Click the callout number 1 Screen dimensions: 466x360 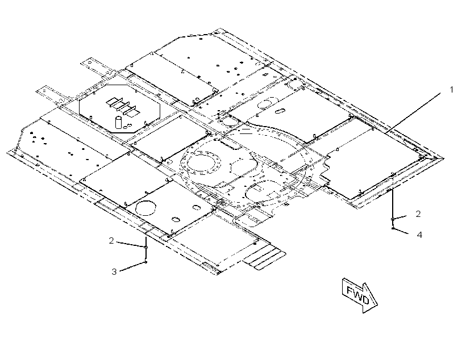(x=451, y=89)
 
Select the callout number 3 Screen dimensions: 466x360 (x=114, y=271)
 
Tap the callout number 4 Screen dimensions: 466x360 (x=419, y=235)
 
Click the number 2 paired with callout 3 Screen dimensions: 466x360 (x=111, y=241)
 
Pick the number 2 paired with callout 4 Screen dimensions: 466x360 (x=418, y=214)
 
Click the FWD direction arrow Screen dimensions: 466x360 (x=360, y=295)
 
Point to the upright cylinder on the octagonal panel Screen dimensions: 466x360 (x=119, y=122)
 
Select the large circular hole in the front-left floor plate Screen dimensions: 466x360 (x=145, y=208)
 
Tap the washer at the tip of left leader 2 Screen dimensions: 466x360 (x=145, y=247)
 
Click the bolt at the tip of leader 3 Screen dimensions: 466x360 (x=145, y=262)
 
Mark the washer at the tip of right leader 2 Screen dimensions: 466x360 (x=393, y=219)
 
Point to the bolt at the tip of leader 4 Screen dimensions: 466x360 (x=393, y=228)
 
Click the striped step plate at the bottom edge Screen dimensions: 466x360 (x=264, y=258)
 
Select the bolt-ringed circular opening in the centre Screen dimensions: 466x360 (x=203, y=162)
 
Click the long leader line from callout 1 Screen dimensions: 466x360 (x=413, y=112)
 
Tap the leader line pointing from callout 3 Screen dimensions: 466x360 (x=132, y=266)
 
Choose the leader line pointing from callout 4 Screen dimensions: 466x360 (x=401, y=231)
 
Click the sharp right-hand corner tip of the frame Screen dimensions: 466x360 (x=444, y=158)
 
